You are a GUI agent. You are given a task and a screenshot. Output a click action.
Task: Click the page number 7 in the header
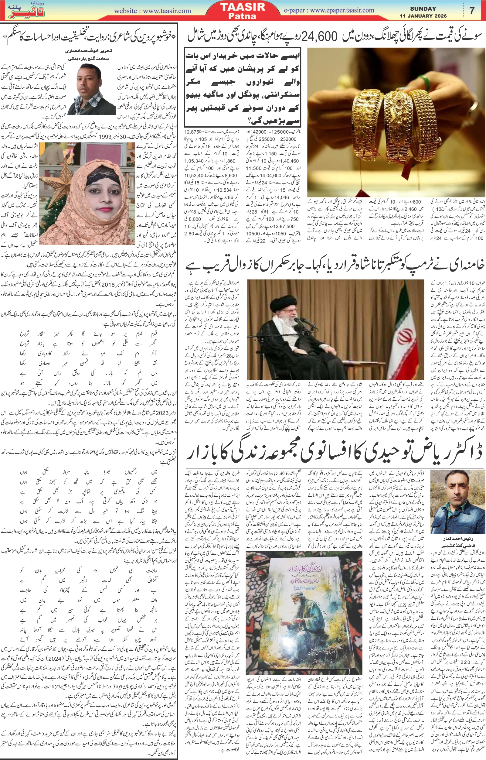(x=472, y=11)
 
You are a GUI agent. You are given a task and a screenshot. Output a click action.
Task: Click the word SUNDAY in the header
(x=423, y=9)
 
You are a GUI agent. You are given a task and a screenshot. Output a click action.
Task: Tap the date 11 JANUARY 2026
(x=423, y=16)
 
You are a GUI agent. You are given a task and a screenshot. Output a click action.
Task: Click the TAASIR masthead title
(x=242, y=7)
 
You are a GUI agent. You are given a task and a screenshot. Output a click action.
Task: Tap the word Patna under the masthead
(x=242, y=16)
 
